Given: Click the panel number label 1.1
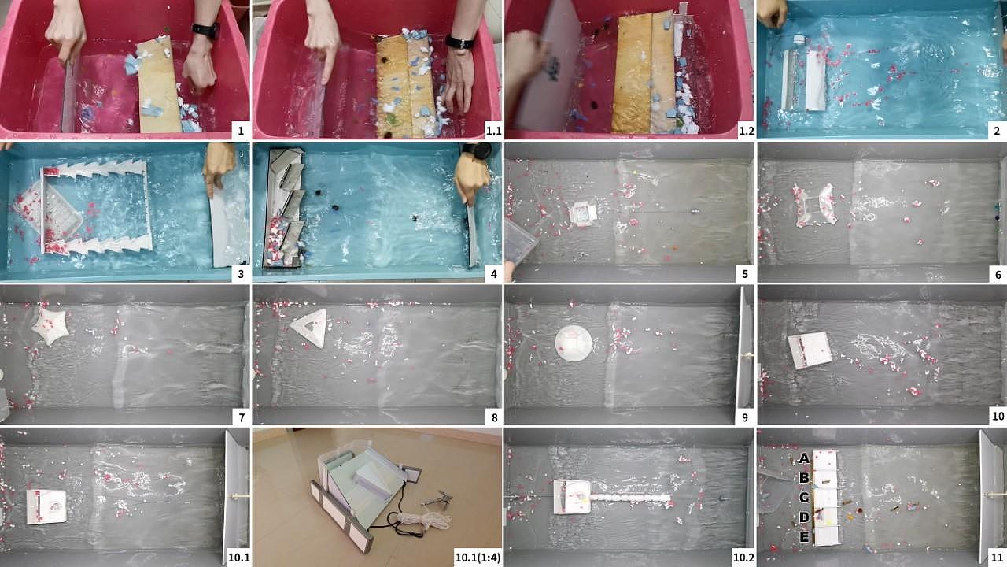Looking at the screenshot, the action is coord(493,131).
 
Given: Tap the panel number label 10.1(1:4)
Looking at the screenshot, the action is coord(478,558).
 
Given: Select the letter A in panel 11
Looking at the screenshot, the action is coord(804,458).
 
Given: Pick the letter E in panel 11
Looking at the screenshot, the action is coord(804,537).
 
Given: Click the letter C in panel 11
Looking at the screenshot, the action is coord(804,498).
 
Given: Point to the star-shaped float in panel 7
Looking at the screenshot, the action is coord(50,325).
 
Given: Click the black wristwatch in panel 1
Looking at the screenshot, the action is coord(206,30).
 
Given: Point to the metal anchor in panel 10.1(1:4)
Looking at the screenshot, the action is coord(437,499).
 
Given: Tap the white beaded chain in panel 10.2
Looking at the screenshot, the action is coord(630,498).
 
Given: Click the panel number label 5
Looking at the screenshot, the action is coord(744,274).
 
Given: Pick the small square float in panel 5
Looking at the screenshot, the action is coord(583,213).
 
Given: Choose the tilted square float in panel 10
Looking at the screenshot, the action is coord(810,350).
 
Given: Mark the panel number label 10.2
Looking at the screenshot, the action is coord(743,558).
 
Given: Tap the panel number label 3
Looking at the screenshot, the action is coord(241,274).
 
